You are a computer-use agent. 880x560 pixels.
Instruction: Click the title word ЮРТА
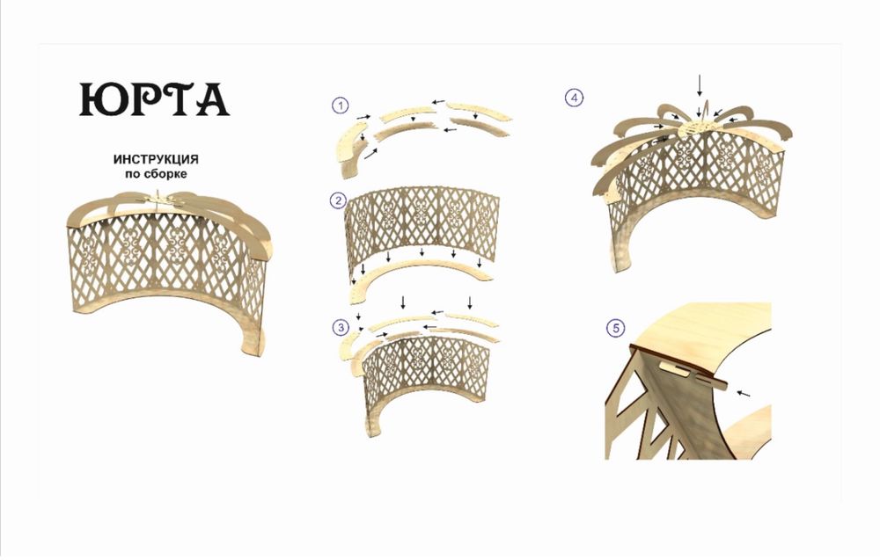pos(154,99)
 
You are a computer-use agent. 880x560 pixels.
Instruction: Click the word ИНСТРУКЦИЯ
pos(156,159)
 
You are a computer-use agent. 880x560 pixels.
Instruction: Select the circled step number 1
pos(340,105)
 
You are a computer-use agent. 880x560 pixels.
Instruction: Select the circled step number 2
pos(338,200)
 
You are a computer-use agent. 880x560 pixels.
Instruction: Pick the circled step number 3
pos(341,327)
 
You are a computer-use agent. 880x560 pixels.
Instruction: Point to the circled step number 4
pos(574,98)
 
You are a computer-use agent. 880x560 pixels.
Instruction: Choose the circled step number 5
pos(616,328)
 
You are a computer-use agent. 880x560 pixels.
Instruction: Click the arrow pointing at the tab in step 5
pos(743,394)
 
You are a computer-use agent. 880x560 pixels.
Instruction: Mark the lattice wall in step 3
pos(427,373)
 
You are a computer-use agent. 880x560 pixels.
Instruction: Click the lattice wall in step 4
pos(696,179)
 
